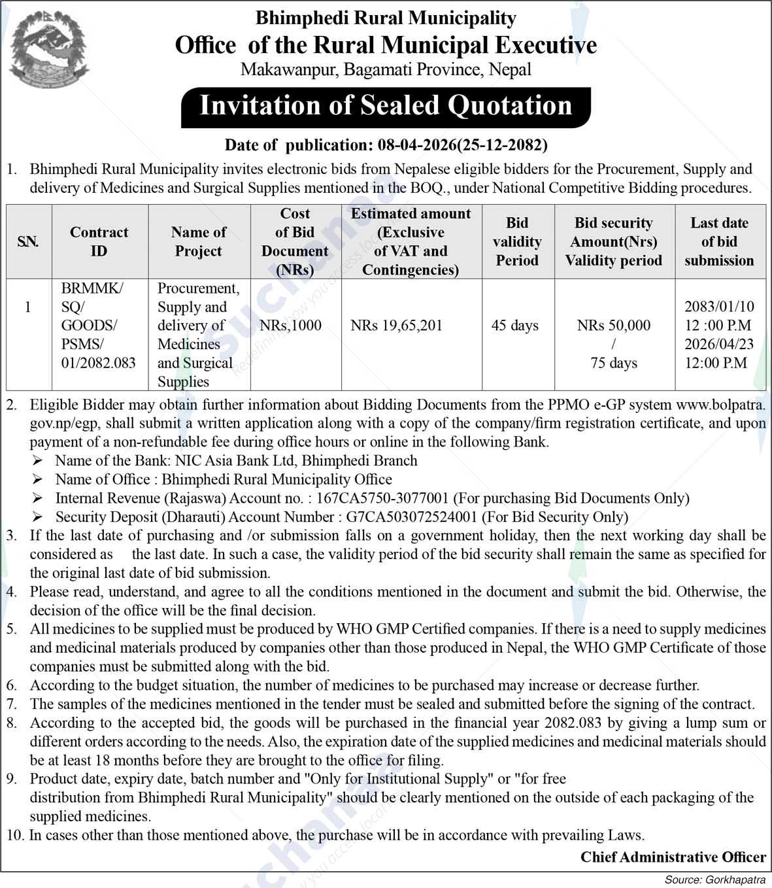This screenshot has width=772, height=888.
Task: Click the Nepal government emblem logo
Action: click(x=50, y=50)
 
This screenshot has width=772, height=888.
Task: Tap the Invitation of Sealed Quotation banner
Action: click(x=386, y=107)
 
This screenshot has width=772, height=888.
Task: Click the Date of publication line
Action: click(x=386, y=145)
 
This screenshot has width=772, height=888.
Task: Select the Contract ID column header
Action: click(x=99, y=241)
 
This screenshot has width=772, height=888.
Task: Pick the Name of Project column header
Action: click(x=199, y=241)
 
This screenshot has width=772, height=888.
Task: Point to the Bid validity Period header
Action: click(x=517, y=241)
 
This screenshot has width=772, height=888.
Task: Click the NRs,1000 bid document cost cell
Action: click(x=291, y=326)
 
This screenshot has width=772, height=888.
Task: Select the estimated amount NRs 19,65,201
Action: click(x=396, y=326)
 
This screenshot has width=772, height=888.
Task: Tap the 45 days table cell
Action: click(x=515, y=326)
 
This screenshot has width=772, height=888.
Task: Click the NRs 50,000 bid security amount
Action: click(x=614, y=326)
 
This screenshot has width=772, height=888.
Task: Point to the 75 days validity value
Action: click(x=614, y=363)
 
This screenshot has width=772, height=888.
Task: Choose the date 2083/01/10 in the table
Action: click(x=719, y=306)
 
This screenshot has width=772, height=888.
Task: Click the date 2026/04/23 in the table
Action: click(x=719, y=344)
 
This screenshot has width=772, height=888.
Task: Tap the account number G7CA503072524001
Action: click(x=412, y=517)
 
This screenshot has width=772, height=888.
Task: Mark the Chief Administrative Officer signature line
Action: click(x=673, y=857)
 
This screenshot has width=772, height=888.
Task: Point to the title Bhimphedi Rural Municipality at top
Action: click(x=386, y=18)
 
